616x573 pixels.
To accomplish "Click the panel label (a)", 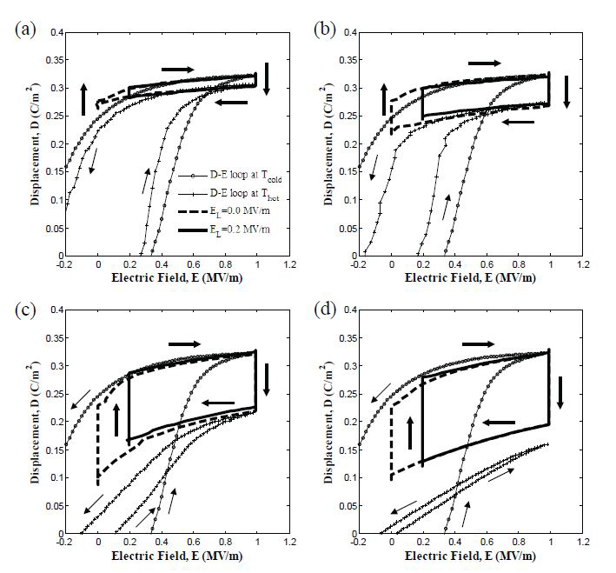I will pos(23,28).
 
